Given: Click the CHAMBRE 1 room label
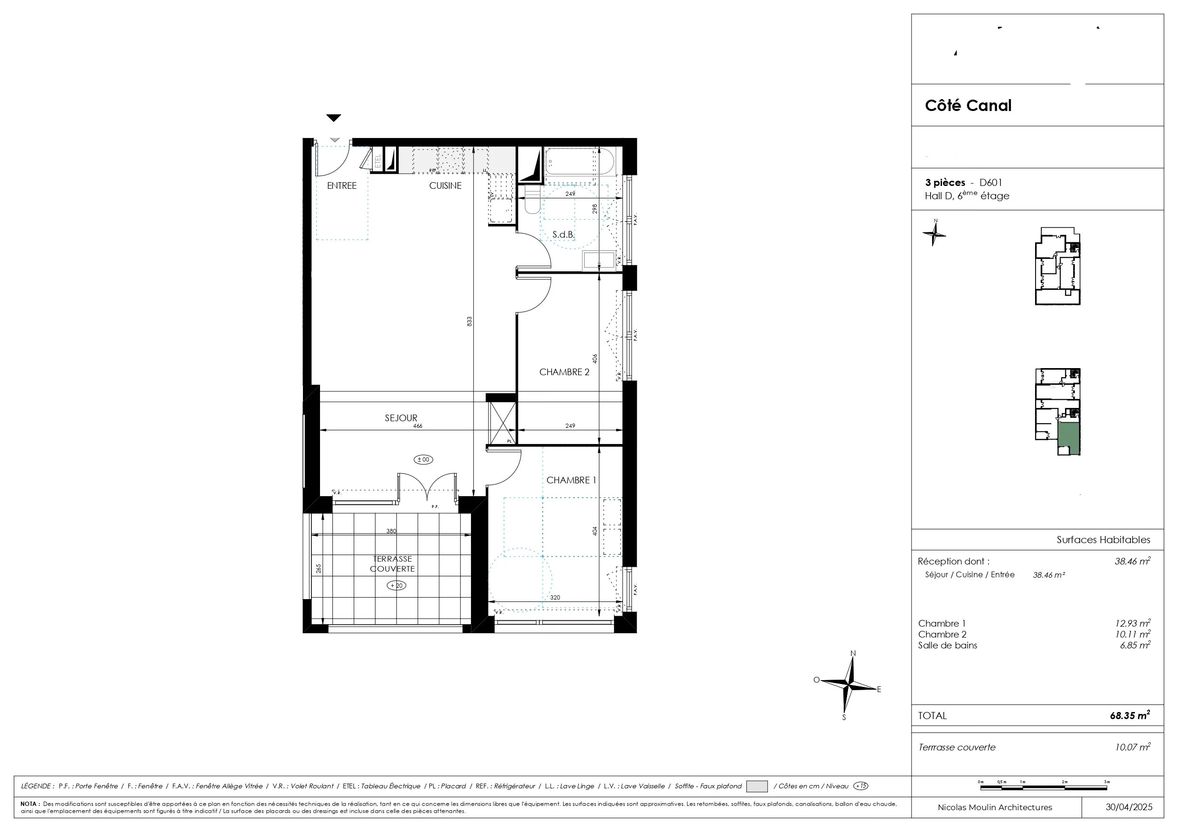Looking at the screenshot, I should click(x=571, y=481).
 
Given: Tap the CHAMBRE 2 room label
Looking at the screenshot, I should click(x=565, y=372).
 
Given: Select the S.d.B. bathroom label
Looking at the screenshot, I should click(x=563, y=235).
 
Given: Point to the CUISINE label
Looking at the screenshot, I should click(x=445, y=185).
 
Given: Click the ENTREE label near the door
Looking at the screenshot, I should click(x=342, y=185).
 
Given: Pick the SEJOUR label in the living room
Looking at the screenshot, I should click(x=401, y=418).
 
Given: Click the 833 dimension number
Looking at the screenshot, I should click(x=470, y=322).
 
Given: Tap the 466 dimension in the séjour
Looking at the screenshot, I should click(x=418, y=426).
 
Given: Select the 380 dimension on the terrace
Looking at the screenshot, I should click(x=391, y=531).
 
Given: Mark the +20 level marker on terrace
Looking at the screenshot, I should click(x=396, y=585).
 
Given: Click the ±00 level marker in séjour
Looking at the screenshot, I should click(x=423, y=459).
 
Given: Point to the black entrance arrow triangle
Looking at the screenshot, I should click(x=333, y=118).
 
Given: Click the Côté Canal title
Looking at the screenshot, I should click(x=968, y=106).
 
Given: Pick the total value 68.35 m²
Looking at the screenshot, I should click(x=1130, y=716).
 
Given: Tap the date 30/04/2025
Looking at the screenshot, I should click(x=1129, y=807).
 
